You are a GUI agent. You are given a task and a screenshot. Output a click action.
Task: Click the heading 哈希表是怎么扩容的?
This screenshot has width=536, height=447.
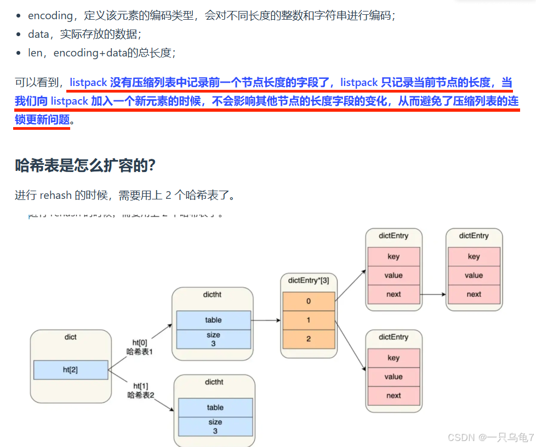(85, 165)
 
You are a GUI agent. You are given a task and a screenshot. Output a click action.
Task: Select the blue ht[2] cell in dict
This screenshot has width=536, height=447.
(71, 370)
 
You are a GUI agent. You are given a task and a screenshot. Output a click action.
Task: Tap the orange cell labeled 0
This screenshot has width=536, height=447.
(309, 301)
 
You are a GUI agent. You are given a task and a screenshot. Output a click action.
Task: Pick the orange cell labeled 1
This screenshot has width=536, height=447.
(309, 320)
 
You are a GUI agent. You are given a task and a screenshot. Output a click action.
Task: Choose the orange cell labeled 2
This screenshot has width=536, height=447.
(309, 339)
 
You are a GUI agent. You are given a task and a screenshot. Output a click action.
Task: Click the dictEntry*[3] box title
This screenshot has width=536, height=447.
(309, 280)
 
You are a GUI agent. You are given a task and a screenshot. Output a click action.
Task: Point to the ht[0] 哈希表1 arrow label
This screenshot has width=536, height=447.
(139, 347)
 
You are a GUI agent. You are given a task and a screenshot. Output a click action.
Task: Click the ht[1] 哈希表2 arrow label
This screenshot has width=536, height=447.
(141, 390)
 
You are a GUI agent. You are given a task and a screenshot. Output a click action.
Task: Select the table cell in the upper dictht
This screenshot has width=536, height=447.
(214, 320)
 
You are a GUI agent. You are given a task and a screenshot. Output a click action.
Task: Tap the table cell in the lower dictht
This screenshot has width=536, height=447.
(215, 408)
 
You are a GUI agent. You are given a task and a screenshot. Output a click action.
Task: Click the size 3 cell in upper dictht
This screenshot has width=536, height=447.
(214, 339)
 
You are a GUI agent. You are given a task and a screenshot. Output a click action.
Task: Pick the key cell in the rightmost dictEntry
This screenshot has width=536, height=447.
(474, 256)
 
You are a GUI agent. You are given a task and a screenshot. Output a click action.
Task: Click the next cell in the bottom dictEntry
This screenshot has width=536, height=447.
(394, 396)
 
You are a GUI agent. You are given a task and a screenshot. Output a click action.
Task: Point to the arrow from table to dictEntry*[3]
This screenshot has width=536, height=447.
(266, 320)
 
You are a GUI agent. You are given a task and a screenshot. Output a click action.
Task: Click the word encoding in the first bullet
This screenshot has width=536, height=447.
(50, 16)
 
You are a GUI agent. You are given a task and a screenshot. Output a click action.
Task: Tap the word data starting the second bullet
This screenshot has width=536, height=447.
(38, 34)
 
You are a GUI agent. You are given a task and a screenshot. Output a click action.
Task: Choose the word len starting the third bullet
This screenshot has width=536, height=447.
(35, 53)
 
